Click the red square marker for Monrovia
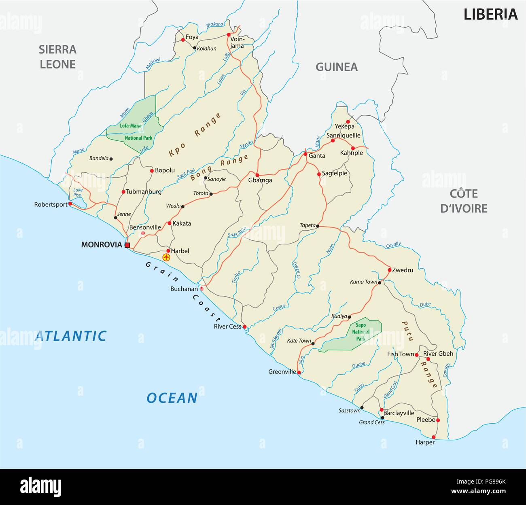tap(127, 245)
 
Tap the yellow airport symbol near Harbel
tap(165, 257)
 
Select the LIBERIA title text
tap(490, 15)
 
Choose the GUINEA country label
tap(336, 67)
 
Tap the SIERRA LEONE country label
tap(57, 57)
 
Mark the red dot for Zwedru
tap(389, 270)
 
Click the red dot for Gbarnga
tap(257, 175)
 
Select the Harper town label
tap(425, 442)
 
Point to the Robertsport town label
tap(51, 205)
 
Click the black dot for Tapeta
tap(318, 226)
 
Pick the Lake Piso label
tap(78, 192)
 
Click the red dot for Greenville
tap(299, 372)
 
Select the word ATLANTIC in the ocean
tap(71, 336)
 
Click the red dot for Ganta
tap(305, 154)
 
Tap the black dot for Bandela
tap(111, 159)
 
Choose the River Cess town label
tap(227, 327)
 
